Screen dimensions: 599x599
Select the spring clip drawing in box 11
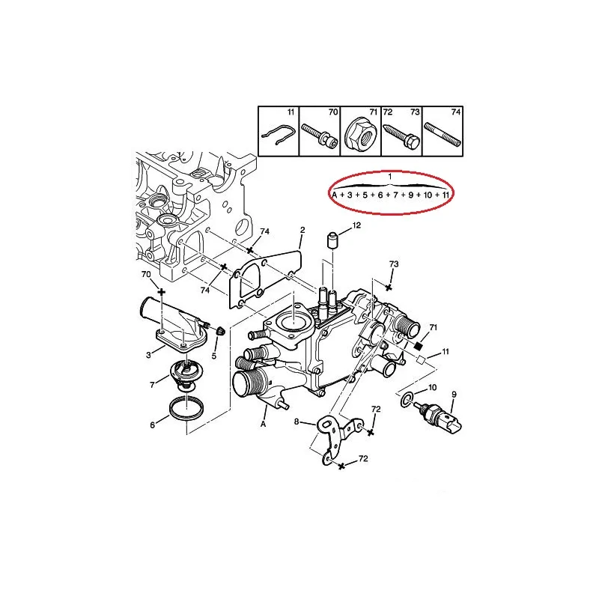click(x=278, y=136)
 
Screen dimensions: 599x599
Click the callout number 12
click(x=356, y=225)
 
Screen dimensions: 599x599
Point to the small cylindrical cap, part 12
click(x=333, y=240)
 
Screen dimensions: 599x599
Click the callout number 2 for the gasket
click(x=302, y=230)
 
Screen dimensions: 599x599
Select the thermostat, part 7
click(x=186, y=375)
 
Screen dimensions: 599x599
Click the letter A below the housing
click(x=263, y=424)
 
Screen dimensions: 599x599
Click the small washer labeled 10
click(x=407, y=399)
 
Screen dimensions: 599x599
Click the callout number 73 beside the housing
click(x=394, y=264)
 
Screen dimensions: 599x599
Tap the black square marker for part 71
click(x=419, y=346)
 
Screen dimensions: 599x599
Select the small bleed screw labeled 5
click(x=221, y=332)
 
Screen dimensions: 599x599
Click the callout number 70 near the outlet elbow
click(x=146, y=274)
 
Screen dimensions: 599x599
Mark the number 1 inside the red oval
click(x=389, y=177)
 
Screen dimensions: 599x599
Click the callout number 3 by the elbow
click(x=148, y=355)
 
